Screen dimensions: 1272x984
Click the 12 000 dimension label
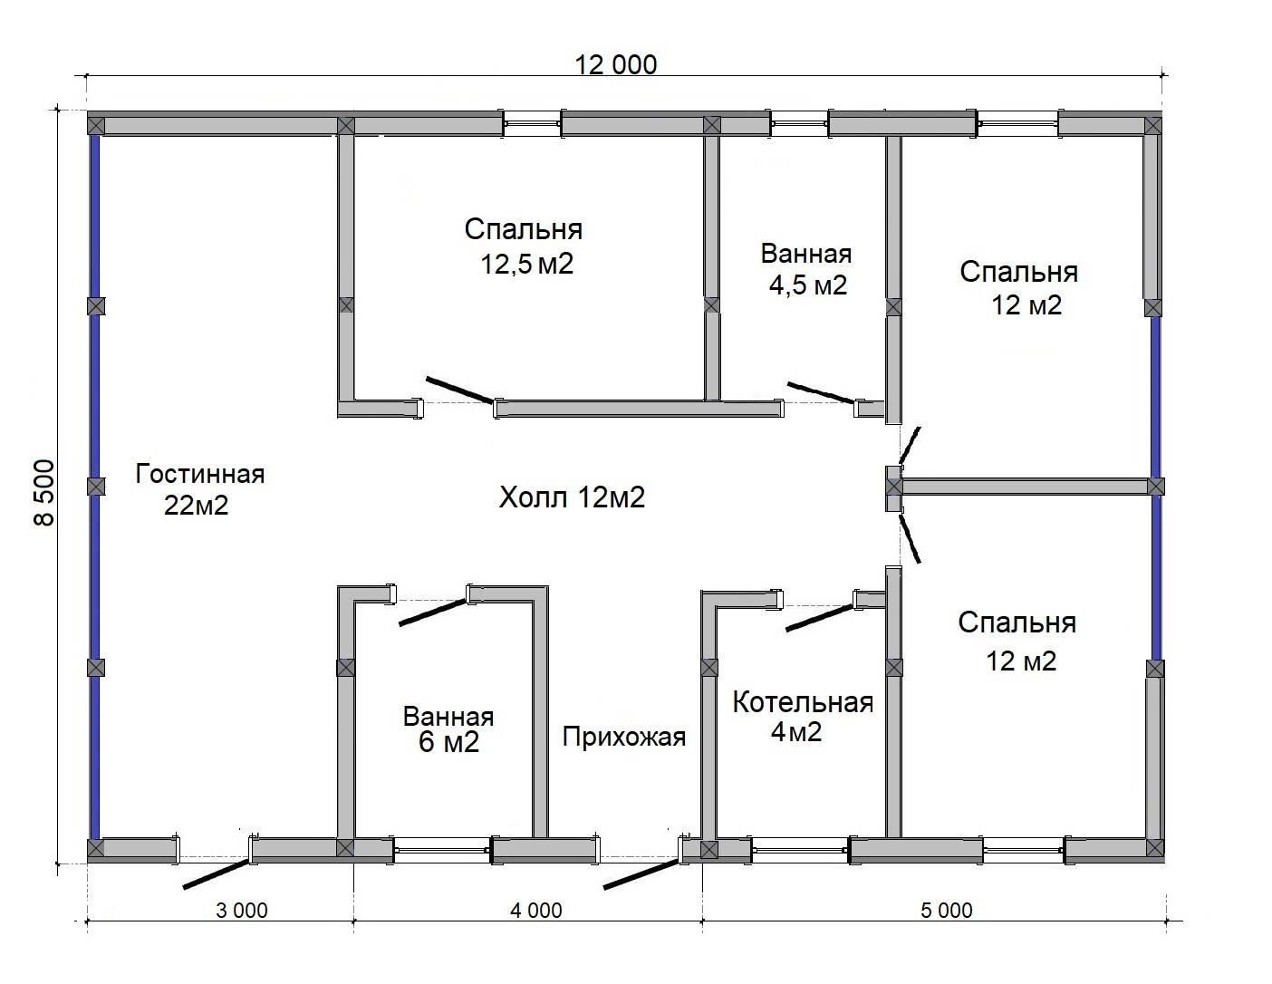(x=616, y=65)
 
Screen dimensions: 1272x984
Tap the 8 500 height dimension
(x=45, y=493)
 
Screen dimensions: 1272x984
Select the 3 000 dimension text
(x=242, y=911)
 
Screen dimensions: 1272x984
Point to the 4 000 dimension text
(x=536, y=911)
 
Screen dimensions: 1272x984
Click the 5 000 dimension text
(x=947, y=911)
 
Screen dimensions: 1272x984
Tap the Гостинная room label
(x=200, y=474)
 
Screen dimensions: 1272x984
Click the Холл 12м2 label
(x=572, y=497)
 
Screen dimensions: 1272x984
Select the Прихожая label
(x=624, y=737)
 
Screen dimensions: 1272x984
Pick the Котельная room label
(x=803, y=702)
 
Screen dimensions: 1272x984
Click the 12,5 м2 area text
(x=527, y=264)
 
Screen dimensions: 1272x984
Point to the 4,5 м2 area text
(x=808, y=285)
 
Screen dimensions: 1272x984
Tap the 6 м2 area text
(x=449, y=742)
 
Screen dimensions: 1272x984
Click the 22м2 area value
(x=196, y=506)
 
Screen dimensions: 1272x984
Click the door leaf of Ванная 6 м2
(x=434, y=612)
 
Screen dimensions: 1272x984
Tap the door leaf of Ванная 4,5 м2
(x=821, y=392)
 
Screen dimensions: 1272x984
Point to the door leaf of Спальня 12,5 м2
(x=460, y=390)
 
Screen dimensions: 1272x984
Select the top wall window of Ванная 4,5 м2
(x=800, y=124)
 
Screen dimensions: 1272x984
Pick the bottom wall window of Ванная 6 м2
(x=442, y=850)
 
